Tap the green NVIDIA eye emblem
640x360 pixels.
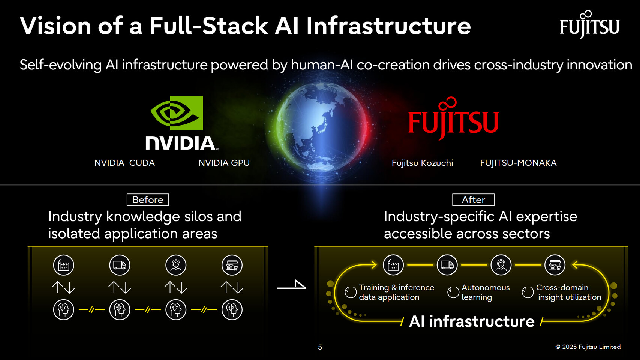point(177,113)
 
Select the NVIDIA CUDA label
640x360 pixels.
point(124,163)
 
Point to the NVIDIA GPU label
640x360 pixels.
point(224,163)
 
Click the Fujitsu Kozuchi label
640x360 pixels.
point(422,163)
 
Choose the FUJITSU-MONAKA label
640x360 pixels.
point(518,163)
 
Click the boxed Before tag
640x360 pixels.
point(148,200)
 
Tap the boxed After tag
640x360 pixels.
point(473,200)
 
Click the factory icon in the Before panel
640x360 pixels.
point(64,265)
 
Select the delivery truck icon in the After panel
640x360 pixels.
point(447,265)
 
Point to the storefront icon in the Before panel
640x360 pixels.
point(232,265)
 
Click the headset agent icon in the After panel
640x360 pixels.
point(501,265)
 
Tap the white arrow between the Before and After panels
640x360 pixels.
point(292,286)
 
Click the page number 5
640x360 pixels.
point(320,347)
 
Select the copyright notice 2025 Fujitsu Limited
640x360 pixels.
point(588,347)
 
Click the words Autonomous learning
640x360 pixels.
point(485,292)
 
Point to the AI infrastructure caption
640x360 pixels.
point(472,321)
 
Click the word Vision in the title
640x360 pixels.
point(55,26)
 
